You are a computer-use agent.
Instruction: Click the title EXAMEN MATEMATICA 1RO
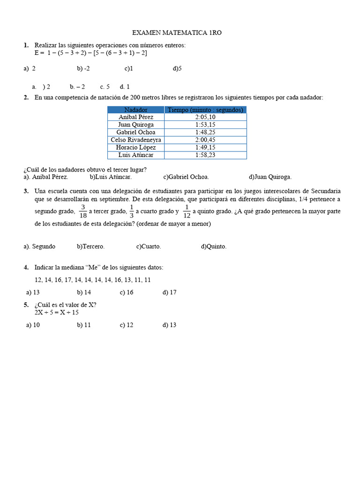point(176,33)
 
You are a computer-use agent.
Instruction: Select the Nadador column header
point(135,110)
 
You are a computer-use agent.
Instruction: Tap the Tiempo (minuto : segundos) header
point(205,110)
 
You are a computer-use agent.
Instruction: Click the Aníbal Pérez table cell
point(135,117)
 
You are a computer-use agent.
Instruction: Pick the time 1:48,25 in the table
point(205,132)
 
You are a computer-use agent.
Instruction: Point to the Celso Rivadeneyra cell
point(135,140)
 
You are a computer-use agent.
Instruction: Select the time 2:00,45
point(205,140)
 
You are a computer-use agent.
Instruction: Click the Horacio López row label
point(135,147)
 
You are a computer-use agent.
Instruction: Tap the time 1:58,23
point(205,155)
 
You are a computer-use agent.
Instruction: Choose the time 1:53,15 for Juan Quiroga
point(205,125)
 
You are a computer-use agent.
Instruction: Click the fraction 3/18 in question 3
point(83,211)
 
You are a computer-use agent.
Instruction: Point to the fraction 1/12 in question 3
point(187,211)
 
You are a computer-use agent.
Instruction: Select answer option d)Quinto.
point(213,247)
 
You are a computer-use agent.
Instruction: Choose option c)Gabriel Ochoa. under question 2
point(186,177)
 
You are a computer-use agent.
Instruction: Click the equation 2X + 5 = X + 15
point(56,312)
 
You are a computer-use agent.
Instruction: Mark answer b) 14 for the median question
point(84,292)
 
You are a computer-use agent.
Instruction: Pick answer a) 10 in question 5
point(33,325)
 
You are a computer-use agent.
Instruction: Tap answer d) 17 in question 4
point(169,292)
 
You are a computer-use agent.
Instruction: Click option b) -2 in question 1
point(83,68)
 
